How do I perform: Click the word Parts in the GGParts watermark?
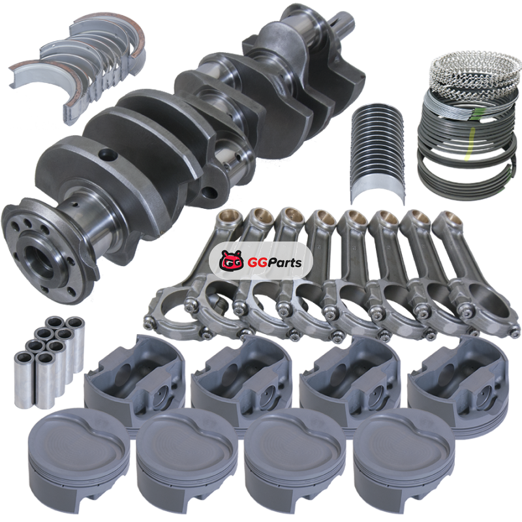(281, 263)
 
